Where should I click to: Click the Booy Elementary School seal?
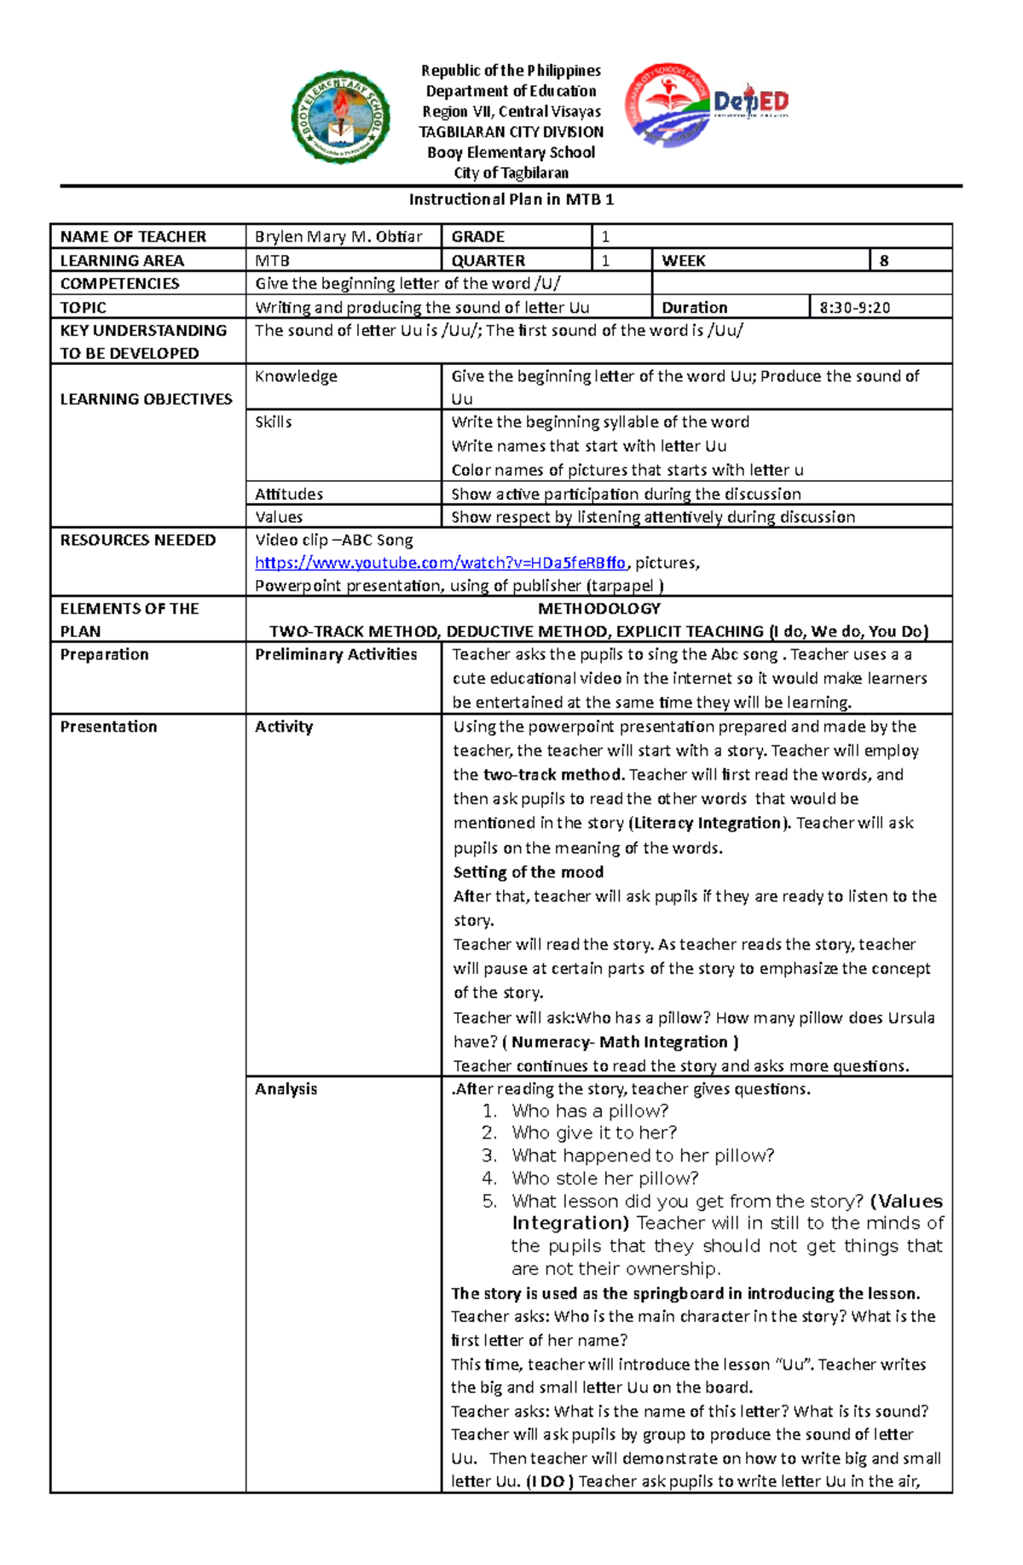tap(340, 117)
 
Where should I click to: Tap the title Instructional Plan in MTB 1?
tap(511, 200)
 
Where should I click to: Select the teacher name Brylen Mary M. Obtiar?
tap(338, 236)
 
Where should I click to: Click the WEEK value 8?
tap(884, 261)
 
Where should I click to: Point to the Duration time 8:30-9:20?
tap(854, 308)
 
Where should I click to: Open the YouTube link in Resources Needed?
tap(440, 563)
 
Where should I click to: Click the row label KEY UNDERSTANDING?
tap(143, 331)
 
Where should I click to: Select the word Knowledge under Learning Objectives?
tap(296, 377)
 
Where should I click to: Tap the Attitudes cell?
tap(289, 494)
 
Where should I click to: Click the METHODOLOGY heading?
tap(599, 609)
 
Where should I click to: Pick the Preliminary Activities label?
tap(336, 655)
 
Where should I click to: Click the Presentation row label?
tap(108, 727)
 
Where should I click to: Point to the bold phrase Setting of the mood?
tap(529, 872)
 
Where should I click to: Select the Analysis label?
tap(286, 1089)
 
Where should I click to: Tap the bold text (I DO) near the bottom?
tap(550, 1481)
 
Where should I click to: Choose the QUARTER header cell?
tap(488, 261)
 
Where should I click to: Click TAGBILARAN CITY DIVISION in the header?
tap(511, 132)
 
